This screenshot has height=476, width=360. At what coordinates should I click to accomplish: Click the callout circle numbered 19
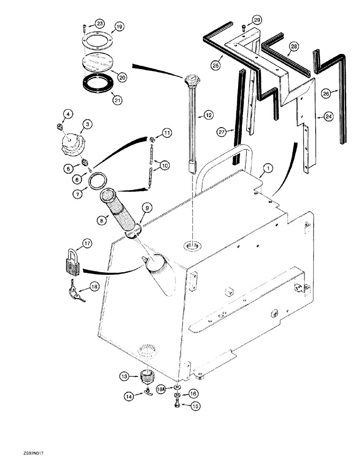(x=119, y=27)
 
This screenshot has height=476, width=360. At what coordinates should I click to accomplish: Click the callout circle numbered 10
(x=164, y=165)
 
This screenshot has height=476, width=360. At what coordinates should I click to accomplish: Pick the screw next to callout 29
(x=244, y=27)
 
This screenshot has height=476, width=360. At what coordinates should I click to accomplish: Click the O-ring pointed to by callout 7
(x=98, y=182)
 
